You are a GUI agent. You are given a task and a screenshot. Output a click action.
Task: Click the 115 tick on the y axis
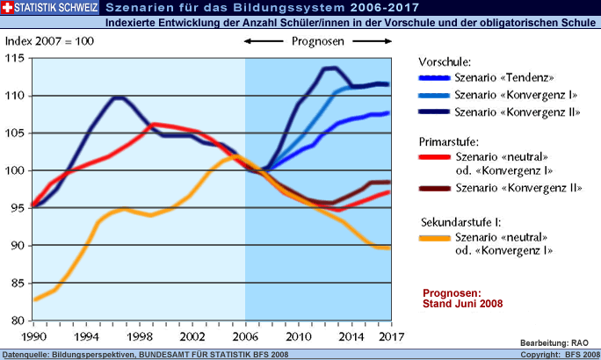tap(15, 58)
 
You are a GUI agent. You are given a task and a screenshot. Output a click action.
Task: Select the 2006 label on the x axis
tap(245, 337)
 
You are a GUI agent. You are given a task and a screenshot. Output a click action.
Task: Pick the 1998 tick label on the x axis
tap(139, 337)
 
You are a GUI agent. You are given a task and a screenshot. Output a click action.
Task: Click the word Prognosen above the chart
tap(317, 41)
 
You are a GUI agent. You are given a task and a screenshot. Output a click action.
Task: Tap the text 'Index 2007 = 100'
tap(50, 41)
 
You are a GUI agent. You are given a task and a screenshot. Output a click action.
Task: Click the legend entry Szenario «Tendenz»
tap(503, 78)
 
